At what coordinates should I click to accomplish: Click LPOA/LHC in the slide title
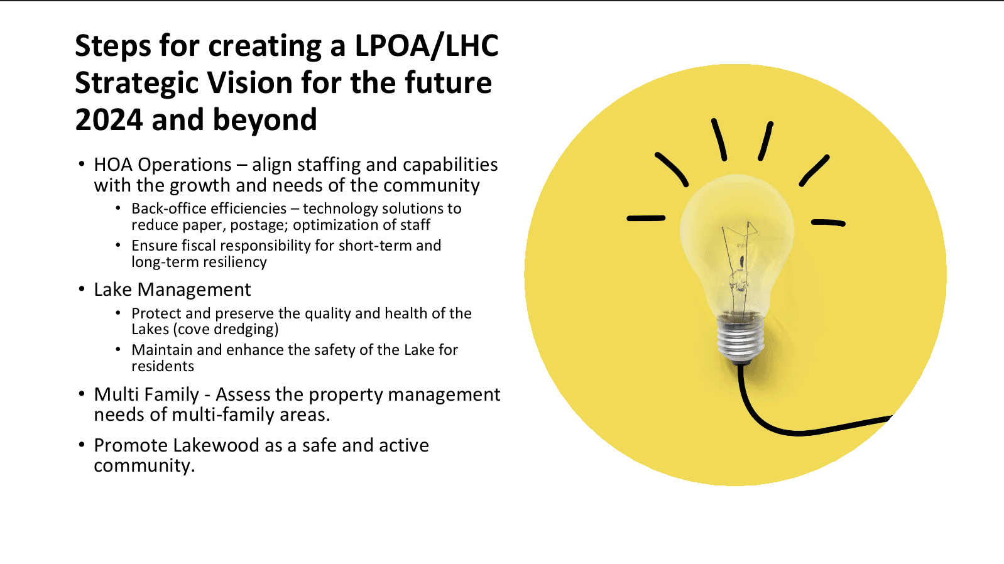coord(426,46)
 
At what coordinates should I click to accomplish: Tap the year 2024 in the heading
coord(108,120)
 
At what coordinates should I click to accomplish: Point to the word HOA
coord(113,165)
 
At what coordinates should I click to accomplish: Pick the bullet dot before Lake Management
coord(81,289)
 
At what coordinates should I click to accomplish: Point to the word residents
coord(163,366)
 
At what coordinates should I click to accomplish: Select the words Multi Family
coord(146,394)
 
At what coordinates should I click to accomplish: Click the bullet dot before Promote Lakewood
coord(81,445)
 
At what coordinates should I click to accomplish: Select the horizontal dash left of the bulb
coord(646,218)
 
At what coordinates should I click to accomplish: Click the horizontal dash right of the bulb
coord(828,222)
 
